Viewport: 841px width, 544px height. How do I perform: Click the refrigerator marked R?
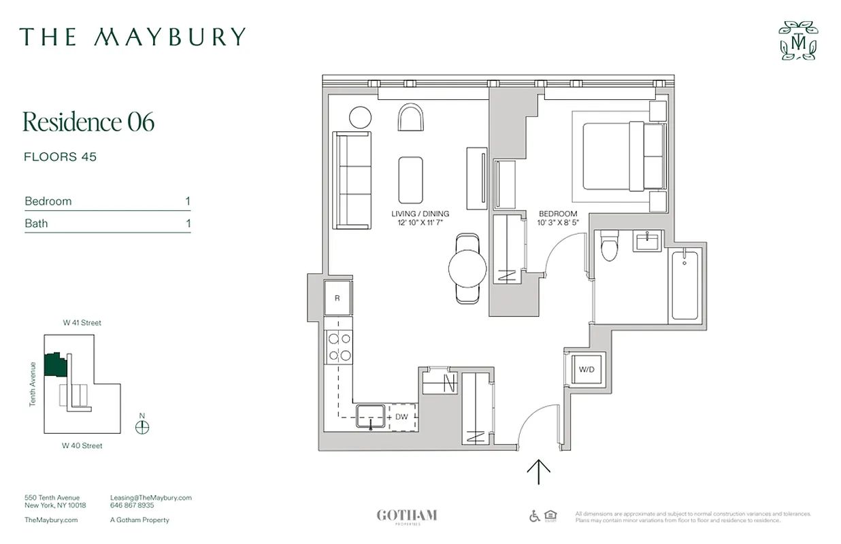coord(337,299)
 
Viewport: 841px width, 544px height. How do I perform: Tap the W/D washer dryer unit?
coord(586,370)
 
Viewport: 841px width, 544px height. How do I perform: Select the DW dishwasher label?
coord(401,416)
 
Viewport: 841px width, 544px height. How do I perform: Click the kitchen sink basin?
coord(371,415)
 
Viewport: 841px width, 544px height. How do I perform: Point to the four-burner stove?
coord(338,346)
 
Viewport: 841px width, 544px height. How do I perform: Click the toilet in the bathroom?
coord(611,247)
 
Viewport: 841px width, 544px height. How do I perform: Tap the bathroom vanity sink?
coord(647,241)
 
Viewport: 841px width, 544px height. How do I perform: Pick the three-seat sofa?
coord(351,180)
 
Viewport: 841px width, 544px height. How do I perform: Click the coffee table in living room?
coord(410,180)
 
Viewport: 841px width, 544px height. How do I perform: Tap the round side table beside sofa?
coord(360,117)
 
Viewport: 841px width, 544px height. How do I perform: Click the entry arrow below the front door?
coord(539,471)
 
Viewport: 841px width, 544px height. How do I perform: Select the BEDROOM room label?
coord(557,214)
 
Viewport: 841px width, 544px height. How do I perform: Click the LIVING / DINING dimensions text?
coord(420,222)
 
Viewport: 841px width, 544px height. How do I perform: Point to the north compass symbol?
coord(142,427)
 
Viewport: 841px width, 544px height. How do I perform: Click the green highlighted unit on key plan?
coord(54,365)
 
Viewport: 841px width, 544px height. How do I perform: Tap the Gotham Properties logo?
coord(407,516)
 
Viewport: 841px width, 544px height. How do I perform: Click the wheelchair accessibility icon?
coord(535,516)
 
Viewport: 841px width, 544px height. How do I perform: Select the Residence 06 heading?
coord(88,122)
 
